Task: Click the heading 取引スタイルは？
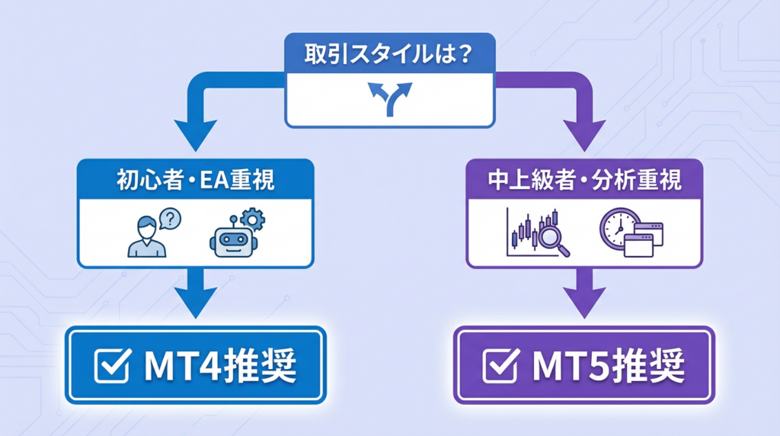(x=389, y=56)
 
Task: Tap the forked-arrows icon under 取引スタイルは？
(x=389, y=100)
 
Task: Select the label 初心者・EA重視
(x=195, y=181)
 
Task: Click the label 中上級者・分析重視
(x=583, y=181)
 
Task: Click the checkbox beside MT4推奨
(x=112, y=365)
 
